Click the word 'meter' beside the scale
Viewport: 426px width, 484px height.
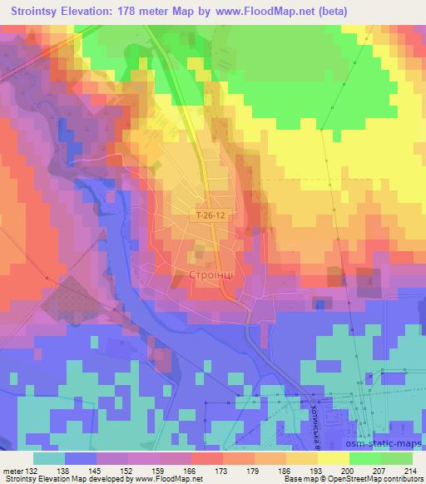pyautogui.click(x=11, y=471)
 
